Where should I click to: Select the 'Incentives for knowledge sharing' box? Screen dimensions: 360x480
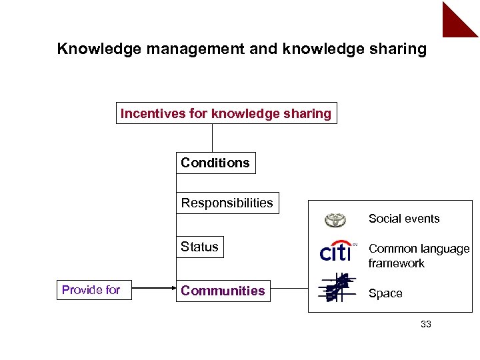(225, 113)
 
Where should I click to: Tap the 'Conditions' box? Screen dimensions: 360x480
(215, 163)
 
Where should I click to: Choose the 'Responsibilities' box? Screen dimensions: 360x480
(227, 203)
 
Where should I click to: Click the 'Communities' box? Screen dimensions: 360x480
(223, 291)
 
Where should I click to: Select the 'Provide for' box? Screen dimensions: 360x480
(91, 290)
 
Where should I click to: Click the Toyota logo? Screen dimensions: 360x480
(335, 220)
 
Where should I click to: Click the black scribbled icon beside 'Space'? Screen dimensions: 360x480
(336, 289)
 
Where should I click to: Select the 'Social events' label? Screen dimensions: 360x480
(404, 219)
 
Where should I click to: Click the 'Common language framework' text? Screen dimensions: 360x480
(419, 256)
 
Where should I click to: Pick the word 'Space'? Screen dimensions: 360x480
(385, 293)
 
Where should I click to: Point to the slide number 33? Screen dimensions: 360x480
(426, 325)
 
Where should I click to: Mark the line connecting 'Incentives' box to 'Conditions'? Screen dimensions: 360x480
(212, 138)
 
